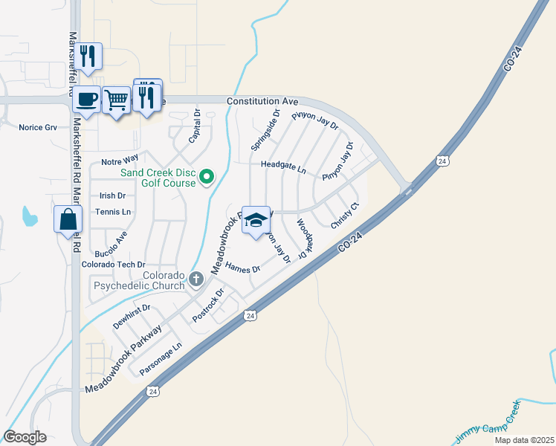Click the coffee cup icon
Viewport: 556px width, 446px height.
click(87, 100)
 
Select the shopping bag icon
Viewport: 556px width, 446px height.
click(68, 219)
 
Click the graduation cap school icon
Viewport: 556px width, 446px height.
click(256, 220)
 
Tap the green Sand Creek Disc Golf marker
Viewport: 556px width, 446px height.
click(208, 176)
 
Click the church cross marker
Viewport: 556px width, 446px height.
click(196, 279)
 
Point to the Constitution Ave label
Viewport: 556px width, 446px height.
click(262, 100)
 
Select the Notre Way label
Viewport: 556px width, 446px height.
click(120, 160)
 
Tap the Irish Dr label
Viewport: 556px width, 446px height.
click(112, 195)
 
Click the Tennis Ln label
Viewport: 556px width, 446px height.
click(113, 212)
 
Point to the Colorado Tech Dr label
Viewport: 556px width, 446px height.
click(112, 264)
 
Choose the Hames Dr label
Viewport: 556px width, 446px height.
click(242, 268)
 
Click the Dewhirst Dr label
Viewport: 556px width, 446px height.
click(132, 316)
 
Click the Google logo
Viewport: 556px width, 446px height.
click(25, 437)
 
